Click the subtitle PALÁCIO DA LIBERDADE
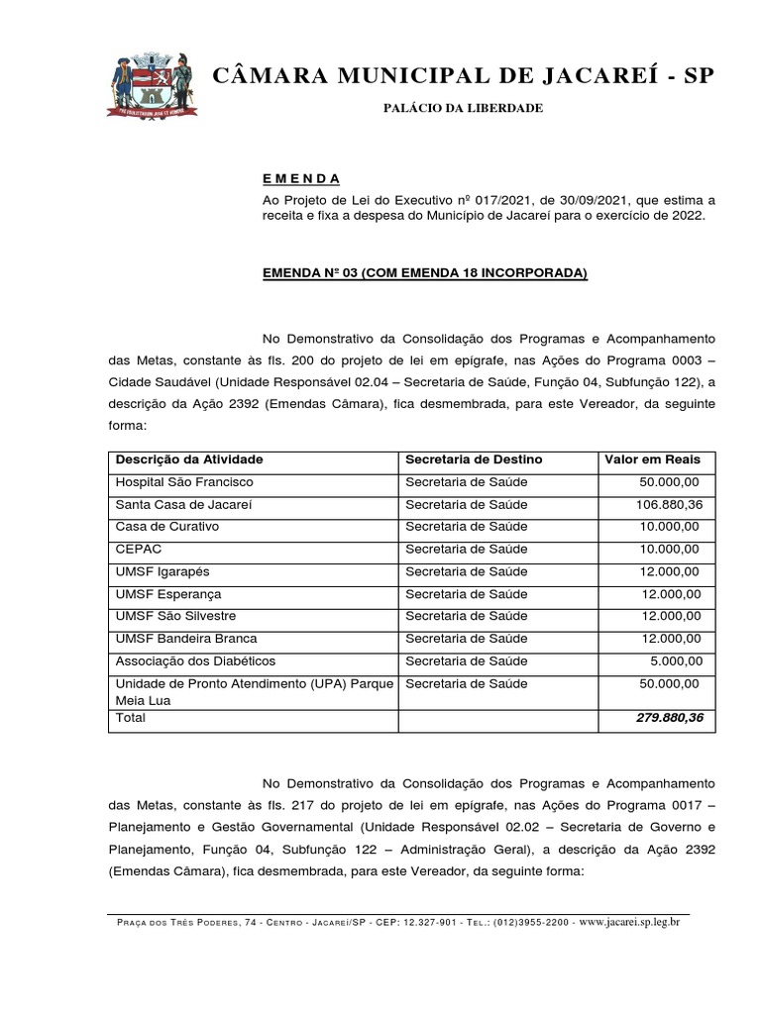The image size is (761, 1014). click(x=463, y=107)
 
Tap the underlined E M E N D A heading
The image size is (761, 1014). click(x=301, y=179)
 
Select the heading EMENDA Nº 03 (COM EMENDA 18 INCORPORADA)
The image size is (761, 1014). click(x=425, y=271)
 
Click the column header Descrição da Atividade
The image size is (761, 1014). click(x=189, y=459)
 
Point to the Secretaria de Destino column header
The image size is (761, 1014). click(x=474, y=459)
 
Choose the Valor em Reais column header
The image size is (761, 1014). click(x=652, y=459)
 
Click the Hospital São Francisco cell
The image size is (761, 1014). click(x=184, y=482)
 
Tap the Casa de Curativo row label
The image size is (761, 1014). click(x=167, y=527)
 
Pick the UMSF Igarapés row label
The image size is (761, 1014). click(x=163, y=572)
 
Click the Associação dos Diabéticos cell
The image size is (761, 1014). click(x=195, y=661)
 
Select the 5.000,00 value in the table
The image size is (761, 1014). click(x=676, y=661)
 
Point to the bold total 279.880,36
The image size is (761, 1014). click(x=669, y=718)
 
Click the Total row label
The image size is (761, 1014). click(x=131, y=718)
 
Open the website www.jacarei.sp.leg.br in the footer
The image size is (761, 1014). click(x=629, y=921)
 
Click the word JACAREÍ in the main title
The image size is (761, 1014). click(x=578, y=75)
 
